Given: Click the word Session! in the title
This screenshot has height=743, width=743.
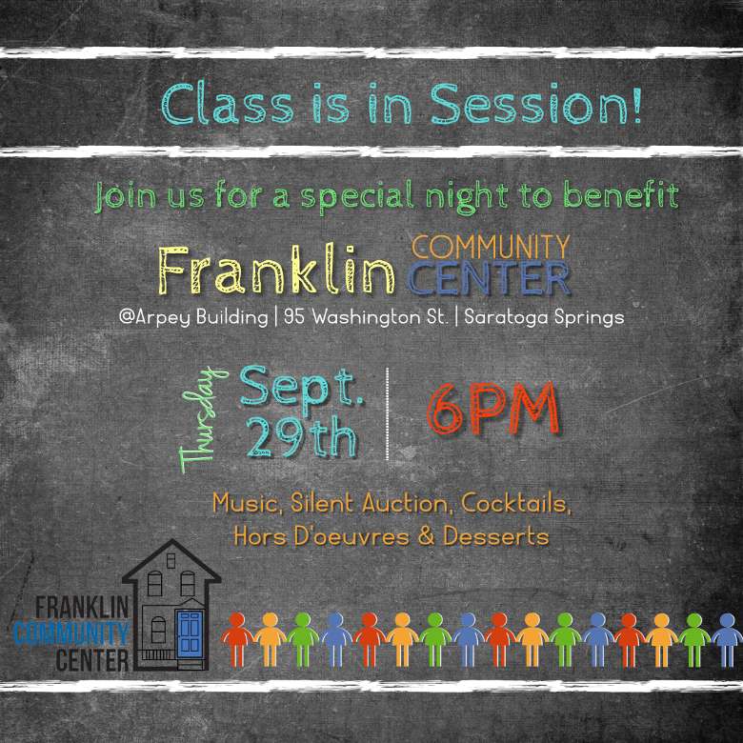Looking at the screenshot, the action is click(536, 103).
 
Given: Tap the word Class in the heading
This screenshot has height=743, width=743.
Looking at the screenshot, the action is click(228, 103).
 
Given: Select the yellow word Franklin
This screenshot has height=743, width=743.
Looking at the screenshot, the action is click(276, 270).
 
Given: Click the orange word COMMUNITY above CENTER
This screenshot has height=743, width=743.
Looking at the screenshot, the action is click(491, 247).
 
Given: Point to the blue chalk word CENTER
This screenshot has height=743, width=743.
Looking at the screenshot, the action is click(489, 278).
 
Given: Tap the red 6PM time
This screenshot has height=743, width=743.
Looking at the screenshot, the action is click(493, 409).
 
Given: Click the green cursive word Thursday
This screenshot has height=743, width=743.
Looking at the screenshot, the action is click(203, 419).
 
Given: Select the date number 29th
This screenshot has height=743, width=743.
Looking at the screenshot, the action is click(301, 437).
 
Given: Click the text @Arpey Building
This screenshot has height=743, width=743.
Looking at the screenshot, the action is click(193, 317).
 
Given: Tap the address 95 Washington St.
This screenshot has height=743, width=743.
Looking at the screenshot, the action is click(366, 316).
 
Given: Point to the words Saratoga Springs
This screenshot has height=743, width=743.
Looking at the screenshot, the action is click(544, 317).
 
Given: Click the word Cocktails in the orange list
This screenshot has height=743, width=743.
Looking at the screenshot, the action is click(516, 503).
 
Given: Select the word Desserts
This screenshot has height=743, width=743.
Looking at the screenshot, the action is click(496, 536).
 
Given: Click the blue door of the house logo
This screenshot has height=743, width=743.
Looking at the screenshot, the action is click(190, 633).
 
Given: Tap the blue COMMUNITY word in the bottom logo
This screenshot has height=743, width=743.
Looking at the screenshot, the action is click(71, 634).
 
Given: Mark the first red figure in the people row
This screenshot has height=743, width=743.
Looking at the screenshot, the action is click(237, 640).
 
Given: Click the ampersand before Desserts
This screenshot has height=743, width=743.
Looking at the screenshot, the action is click(427, 536).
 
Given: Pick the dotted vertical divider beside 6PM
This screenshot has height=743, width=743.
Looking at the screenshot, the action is click(387, 413).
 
